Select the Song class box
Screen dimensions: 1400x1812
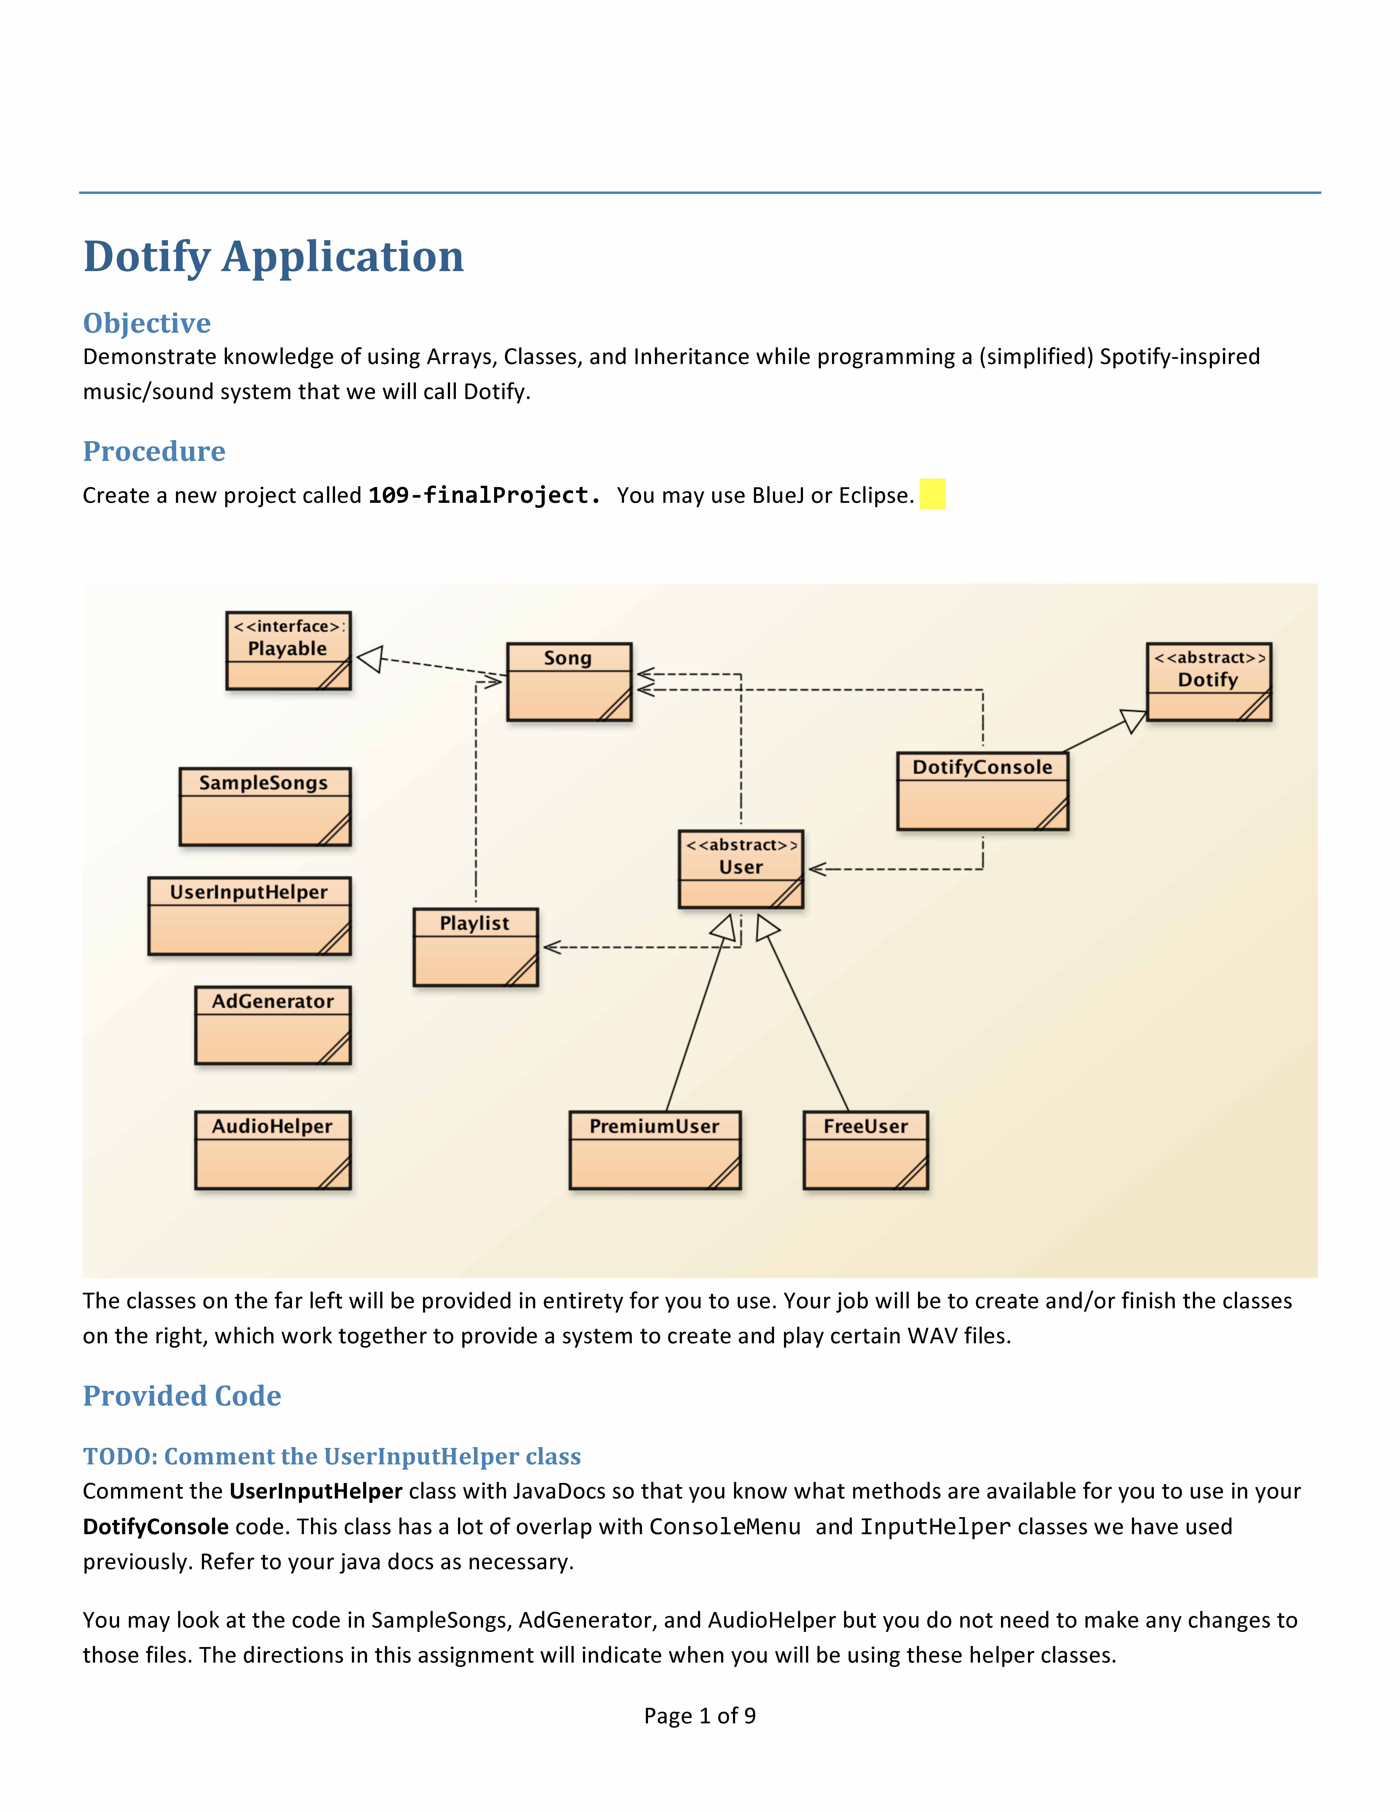tap(569, 682)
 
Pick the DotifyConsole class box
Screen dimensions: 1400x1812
tap(983, 791)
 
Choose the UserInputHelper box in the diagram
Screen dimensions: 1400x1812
tap(250, 916)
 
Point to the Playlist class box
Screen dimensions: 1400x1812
tap(476, 948)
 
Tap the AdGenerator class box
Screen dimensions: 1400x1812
tap(273, 1026)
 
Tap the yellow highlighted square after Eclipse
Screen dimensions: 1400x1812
tap(932, 494)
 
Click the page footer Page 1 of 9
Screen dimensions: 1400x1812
tap(700, 1716)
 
